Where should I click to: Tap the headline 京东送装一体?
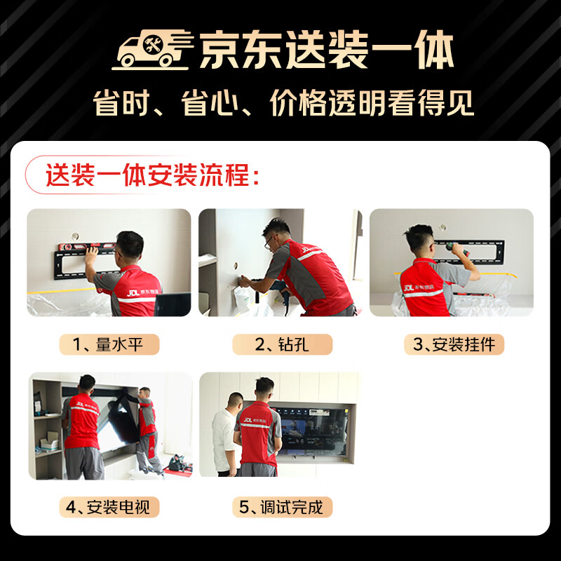pos(327,50)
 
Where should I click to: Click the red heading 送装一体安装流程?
pos(151,175)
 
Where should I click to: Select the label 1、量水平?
pos(109,344)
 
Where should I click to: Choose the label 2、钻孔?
pos(282,344)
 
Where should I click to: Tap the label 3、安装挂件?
pos(454,344)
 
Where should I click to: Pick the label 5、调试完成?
pos(282,506)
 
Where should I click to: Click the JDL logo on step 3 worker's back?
pos(409,287)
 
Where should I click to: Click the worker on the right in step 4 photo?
pos(147,428)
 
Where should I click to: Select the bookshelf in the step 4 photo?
pos(46,428)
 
